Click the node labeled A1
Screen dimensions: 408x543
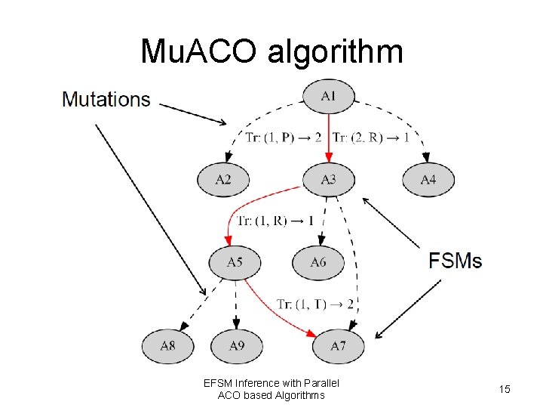pos(328,96)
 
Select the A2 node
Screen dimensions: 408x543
pos(223,180)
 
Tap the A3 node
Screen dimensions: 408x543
pos(329,180)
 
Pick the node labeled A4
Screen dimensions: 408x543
pos(428,180)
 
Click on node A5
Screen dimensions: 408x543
pos(235,262)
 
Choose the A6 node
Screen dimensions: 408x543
pos(318,262)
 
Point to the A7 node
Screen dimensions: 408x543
pos(339,345)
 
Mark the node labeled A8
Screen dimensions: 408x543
pos(167,345)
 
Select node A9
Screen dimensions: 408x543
pos(237,345)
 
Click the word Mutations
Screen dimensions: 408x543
pos(106,99)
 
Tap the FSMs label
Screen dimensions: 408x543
pos(456,261)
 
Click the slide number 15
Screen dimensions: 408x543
pos(504,388)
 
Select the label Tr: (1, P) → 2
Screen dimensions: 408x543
pos(284,138)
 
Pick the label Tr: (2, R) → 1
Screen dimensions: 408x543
pos(371,138)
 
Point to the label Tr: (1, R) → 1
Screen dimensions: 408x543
pos(275,221)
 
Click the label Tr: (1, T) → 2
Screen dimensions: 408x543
pos(314,304)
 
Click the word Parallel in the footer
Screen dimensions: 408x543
pos(321,383)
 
